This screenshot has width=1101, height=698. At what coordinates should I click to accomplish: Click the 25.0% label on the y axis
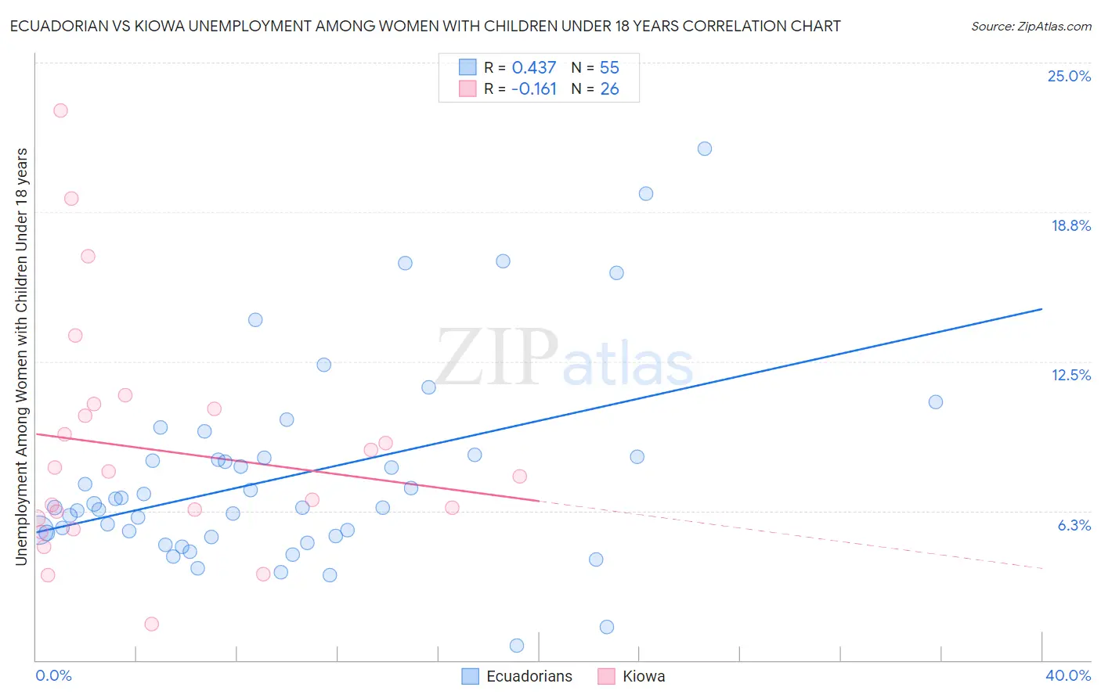pos(1069,76)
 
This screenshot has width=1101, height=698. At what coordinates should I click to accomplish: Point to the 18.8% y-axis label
pos(1070,225)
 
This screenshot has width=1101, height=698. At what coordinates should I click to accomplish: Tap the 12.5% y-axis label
pos(1070,375)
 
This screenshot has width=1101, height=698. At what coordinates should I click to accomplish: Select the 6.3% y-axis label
pos(1074,525)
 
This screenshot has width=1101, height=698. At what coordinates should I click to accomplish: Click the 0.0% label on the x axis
pos(53,675)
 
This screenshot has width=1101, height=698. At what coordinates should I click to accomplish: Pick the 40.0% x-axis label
pos(1067,675)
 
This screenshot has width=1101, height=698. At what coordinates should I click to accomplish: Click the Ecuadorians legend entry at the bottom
pos(529,676)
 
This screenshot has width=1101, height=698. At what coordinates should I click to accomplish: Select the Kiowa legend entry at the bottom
pos(643,676)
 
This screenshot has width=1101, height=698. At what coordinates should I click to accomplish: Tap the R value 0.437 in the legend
pos(533,68)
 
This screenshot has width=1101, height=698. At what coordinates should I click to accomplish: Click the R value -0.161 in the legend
pos(533,89)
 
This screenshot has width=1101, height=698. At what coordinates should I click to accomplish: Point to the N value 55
pos(609,68)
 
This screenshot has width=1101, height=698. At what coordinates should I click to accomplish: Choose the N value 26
pos(609,89)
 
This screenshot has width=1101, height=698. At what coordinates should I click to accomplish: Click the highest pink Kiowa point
pos(60,110)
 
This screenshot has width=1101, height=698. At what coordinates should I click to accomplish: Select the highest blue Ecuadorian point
pos(705,149)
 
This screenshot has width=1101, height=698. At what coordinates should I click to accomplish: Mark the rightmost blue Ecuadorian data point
pos(936,402)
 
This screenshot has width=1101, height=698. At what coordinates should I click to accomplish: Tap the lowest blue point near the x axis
pos(517,646)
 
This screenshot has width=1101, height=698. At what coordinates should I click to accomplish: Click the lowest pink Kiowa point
pos(152,624)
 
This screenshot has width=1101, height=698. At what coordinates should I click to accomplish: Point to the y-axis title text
pos(21,356)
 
